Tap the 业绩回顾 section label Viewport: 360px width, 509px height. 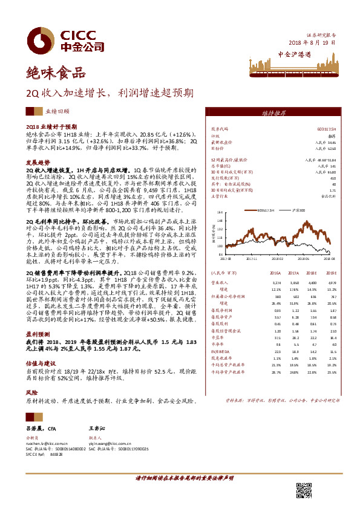[x=57, y=112]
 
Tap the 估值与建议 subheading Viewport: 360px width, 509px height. [x=41, y=364]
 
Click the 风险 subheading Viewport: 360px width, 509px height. [x=31, y=392]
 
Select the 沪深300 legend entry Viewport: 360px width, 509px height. [x=297, y=210]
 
